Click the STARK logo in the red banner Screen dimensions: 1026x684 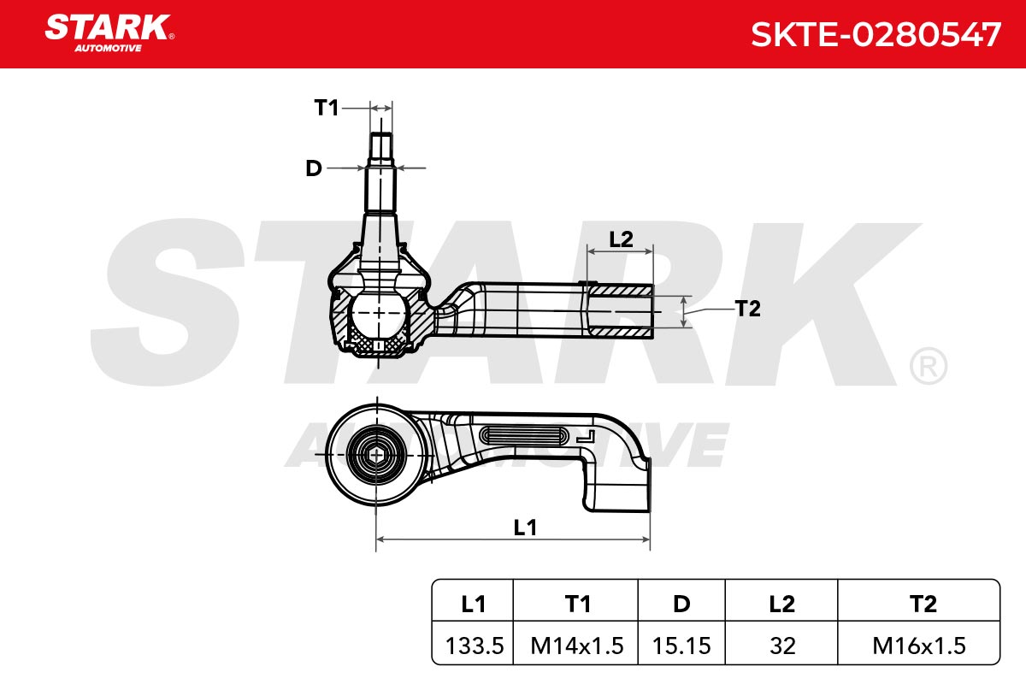[x=109, y=33]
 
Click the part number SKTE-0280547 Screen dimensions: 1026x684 [x=876, y=35]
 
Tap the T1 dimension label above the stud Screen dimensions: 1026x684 [x=326, y=108]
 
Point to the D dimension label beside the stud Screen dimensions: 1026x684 [x=314, y=168]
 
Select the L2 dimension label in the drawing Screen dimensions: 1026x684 [x=621, y=239]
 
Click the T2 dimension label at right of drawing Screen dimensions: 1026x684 [x=747, y=309]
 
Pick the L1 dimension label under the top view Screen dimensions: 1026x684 [x=525, y=528]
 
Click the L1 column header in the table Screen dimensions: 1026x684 [x=473, y=604]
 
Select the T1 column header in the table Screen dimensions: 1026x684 [x=578, y=604]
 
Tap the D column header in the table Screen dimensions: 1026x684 [x=681, y=604]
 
